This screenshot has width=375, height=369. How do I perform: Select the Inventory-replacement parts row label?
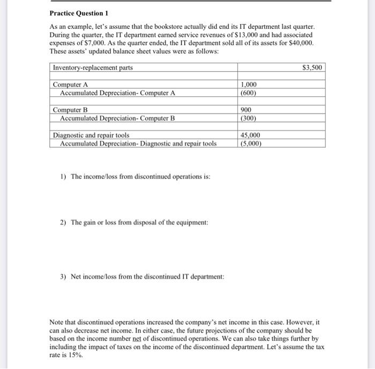point(93,67)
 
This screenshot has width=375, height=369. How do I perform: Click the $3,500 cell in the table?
point(312,67)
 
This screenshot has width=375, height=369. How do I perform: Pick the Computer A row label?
point(70,85)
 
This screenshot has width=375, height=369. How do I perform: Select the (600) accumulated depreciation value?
point(249,93)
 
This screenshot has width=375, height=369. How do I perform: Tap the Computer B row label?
point(70,110)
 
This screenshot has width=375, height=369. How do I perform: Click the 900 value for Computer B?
point(247,110)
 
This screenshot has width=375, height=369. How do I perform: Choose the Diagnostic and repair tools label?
point(91,135)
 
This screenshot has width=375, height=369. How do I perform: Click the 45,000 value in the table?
point(251,135)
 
